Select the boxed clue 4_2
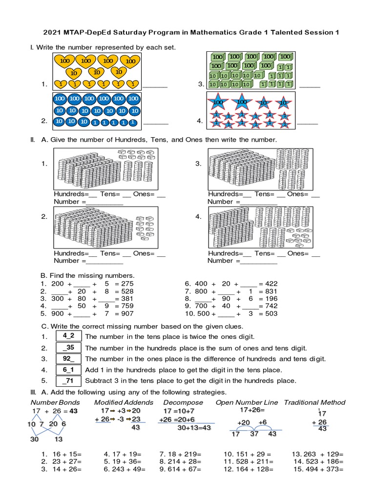(68, 336)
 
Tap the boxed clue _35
(68, 347)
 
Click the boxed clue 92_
(68, 358)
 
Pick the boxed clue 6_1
(68, 370)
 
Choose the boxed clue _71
(68, 381)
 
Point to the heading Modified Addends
(124, 402)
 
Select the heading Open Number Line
(247, 402)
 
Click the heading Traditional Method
(314, 402)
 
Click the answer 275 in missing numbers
(126, 283)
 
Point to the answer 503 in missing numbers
(271, 313)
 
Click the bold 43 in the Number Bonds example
(73, 411)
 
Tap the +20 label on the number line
(244, 422)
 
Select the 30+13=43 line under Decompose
(194, 427)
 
